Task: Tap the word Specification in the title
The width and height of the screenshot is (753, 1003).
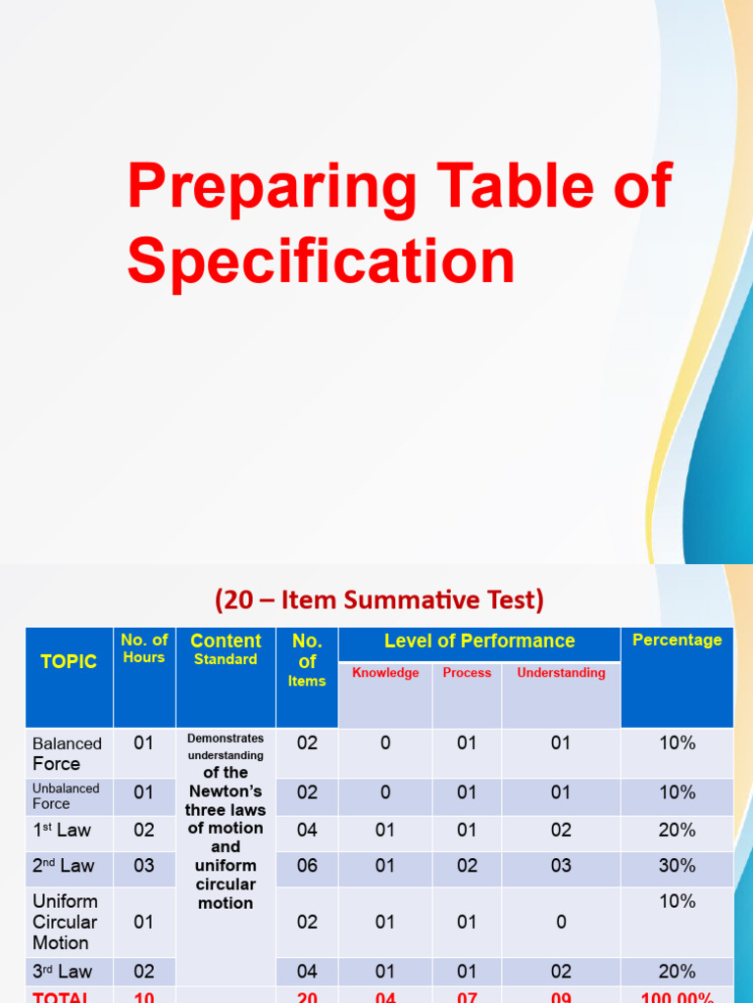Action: (x=321, y=262)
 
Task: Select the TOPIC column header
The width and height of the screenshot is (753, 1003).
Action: (x=69, y=661)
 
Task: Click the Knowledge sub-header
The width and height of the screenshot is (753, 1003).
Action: (x=385, y=673)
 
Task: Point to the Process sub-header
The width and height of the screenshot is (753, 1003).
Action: (x=467, y=673)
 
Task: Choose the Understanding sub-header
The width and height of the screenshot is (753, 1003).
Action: (x=561, y=673)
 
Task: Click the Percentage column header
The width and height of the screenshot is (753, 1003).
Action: (x=677, y=640)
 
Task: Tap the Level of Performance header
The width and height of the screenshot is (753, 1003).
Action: (x=479, y=641)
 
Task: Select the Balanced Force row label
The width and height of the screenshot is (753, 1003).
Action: (x=67, y=753)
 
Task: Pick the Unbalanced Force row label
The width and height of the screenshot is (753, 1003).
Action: (x=66, y=795)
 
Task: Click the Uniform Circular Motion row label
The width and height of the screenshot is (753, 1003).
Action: (x=65, y=922)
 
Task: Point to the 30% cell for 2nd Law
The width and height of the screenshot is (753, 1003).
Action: (x=677, y=866)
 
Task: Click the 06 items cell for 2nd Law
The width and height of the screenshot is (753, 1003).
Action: (x=307, y=866)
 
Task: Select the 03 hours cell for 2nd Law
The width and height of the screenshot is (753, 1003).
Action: (x=144, y=866)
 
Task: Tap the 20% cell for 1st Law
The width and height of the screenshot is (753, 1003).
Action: (x=677, y=830)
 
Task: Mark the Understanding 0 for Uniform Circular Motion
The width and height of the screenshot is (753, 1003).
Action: (x=560, y=922)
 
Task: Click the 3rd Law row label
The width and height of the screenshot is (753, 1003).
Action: (x=62, y=972)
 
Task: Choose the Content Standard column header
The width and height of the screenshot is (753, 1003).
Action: (x=226, y=648)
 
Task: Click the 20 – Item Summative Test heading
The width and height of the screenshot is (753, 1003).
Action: (x=378, y=598)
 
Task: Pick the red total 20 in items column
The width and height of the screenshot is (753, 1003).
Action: (x=307, y=996)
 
